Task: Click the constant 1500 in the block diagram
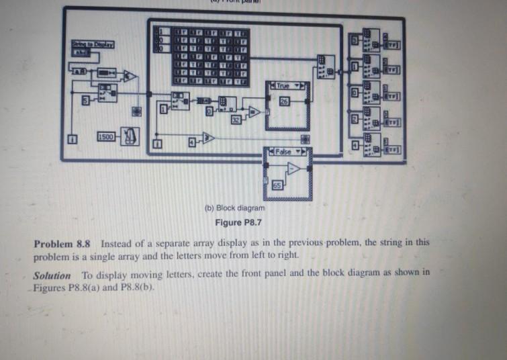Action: point(107,138)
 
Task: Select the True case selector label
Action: point(284,87)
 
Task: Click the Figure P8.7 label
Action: point(233,222)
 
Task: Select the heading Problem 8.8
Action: point(65,243)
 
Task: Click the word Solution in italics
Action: point(52,275)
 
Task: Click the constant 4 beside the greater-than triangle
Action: point(191,142)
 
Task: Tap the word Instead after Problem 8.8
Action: point(118,243)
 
